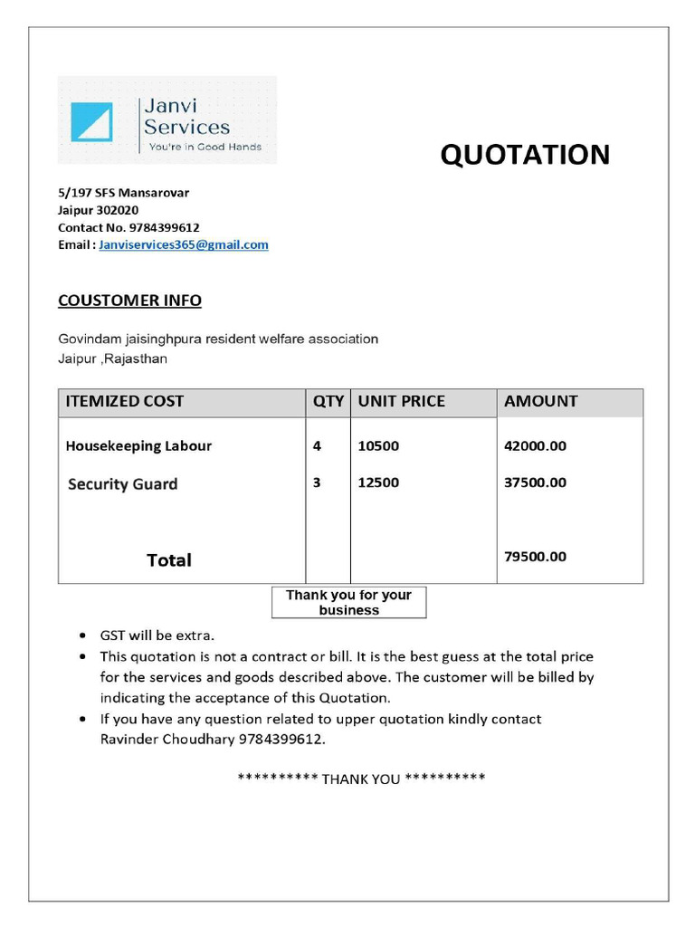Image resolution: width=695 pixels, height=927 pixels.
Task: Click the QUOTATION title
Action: pyautogui.click(x=525, y=155)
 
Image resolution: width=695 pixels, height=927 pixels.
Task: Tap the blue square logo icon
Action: pyautogui.click(x=91, y=121)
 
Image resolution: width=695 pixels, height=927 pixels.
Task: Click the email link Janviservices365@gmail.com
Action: pyautogui.click(x=184, y=244)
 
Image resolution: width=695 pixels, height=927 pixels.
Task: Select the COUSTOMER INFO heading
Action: pyautogui.click(x=129, y=301)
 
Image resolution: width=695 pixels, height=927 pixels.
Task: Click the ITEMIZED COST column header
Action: pyautogui.click(x=124, y=401)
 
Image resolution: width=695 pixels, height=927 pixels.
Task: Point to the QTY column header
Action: pyautogui.click(x=328, y=401)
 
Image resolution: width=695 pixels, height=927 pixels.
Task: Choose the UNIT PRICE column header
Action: pyautogui.click(x=401, y=401)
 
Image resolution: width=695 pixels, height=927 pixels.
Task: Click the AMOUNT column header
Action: pyautogui.click(x=540, y=401)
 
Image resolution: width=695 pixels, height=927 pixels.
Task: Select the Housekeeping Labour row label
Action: pyautogui.click(x=138, y=446)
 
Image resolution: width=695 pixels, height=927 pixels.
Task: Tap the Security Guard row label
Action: pyautogui.click(x=122, y=484)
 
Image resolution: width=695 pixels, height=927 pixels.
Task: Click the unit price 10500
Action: pyautogui.click(x=378, y=446)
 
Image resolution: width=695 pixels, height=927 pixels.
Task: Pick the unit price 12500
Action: pyautogui.click(x=378, y=483)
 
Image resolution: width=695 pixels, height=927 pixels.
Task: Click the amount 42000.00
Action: pyautogui.click(x=535, y=446)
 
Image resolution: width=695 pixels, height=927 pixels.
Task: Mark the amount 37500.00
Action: pyautogui.click(x=535, y=483)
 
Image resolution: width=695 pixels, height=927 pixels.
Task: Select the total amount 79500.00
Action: pyautogui.click(x=535, y=557)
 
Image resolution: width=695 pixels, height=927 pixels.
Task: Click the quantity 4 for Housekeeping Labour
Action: pyautogui.click(x=317, y=446)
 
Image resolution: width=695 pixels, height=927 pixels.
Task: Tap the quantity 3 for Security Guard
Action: pyautogui.click(x=317, y=483)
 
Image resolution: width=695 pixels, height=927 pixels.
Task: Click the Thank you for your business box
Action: pyautogui.click(x=348, y=602)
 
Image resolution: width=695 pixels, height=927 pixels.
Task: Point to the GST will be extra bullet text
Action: pyautogui.click(x=157, y=636)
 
